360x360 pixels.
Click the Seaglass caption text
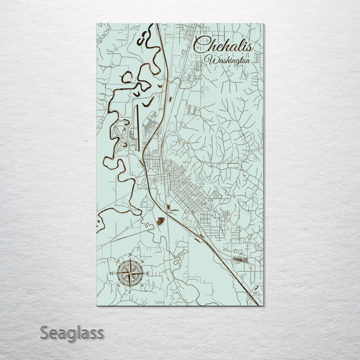[x=72, y=333]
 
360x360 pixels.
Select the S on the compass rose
[x=130, y=292]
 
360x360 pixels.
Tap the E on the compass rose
[x=147, y=274]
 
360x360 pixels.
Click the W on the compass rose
[x=112, y=274]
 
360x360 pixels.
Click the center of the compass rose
[x=130, y=273]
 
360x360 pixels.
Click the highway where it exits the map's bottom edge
[x=258, y=305]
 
